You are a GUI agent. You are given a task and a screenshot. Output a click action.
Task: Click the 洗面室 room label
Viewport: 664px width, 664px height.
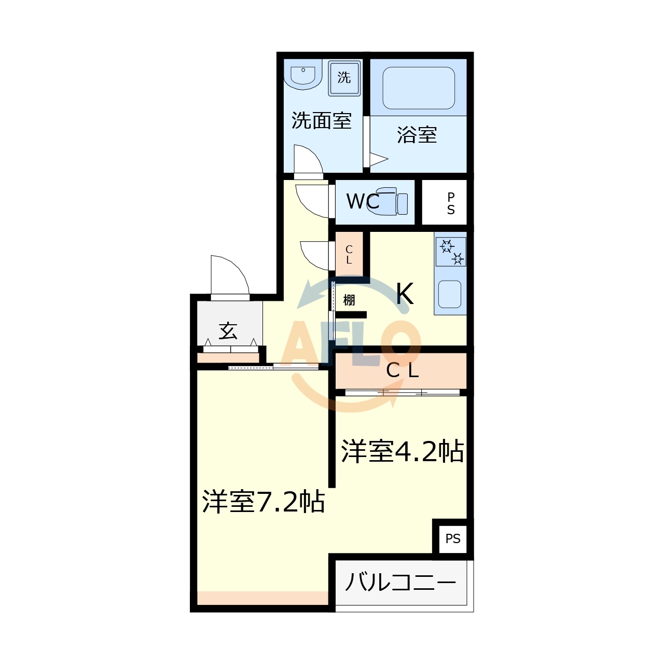pyautogui.click(x=321, y=120)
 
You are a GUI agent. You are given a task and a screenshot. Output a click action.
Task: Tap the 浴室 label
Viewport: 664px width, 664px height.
pyautogui.click(x=417, y=135)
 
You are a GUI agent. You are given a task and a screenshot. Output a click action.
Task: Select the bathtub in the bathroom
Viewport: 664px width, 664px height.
pyautogui.click(x=419, y=88)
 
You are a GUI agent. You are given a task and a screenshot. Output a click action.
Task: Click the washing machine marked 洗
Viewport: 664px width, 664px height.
pyautogui.click(x=344, y=78)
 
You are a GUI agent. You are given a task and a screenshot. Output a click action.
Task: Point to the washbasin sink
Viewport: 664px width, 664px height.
pyautogui.click(x=303, y=76)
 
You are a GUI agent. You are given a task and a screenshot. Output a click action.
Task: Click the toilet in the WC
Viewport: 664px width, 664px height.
pyautogui.click(x=393, y=201)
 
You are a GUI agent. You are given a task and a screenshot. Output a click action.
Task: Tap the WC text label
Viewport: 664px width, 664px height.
pyautogui.click(x=362, y=201)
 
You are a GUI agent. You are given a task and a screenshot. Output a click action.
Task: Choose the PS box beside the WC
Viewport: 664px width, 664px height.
pyautogui.click(x=450, y=203)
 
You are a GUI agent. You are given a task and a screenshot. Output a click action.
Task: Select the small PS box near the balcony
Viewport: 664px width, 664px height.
pyautogui.click(x=453, y=538)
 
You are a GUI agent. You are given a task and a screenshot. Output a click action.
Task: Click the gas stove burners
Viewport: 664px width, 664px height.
pyautogui.click(x=451, y=251)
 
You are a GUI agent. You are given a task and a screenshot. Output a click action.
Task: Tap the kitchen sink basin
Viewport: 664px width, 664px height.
pyautogui.click(x=450, y=294)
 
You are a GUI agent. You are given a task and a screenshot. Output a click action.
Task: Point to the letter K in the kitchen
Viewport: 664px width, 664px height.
pyautogui.click(x=405, y=294)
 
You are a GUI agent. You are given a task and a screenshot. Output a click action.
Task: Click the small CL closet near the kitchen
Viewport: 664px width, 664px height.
pyautogui.click(x=349, y=255)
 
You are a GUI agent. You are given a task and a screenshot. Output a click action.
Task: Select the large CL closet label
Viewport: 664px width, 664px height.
pyautogui.click(x=402, y=370)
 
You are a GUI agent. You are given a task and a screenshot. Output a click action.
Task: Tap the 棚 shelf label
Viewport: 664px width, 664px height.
pyautogui.click(x=349, y=300)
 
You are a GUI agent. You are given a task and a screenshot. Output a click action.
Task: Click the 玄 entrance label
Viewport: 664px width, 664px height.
pyautogui.click(x=228, y=330)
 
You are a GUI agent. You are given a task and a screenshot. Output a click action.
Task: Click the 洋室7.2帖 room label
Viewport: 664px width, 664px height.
pyautogui.click(x=264, y=502)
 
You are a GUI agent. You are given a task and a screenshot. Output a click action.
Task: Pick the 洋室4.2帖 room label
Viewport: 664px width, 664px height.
pyautogui.click(x=402, y=451)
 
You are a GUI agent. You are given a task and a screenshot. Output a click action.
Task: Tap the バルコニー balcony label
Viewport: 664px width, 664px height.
pyautogui.click(x=400, y=582)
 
